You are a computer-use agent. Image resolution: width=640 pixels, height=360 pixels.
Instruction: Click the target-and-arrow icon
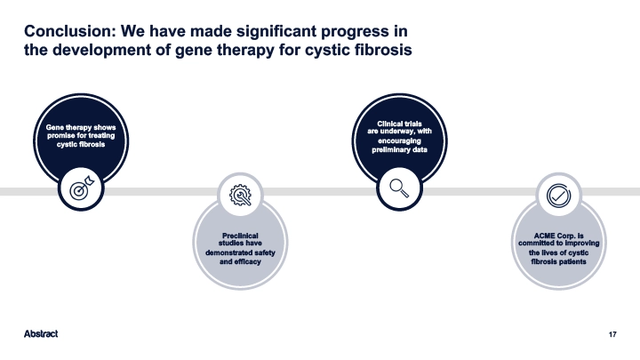[82, 188]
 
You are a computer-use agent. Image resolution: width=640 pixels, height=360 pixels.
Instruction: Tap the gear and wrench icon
[240, 195]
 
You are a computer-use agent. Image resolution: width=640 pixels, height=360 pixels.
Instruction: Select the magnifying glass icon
[399, 188]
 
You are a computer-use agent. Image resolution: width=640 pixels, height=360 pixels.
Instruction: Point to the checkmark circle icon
[558, 196]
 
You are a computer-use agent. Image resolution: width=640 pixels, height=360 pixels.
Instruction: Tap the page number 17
[612, 334]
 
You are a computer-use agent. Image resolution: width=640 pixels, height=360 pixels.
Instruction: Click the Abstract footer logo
[41, 334]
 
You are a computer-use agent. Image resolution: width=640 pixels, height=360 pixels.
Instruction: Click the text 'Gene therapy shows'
[81, 127]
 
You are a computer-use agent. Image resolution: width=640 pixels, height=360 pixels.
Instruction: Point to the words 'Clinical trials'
[399, 124]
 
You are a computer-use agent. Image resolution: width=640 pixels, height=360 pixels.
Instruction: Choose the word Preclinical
[240, 236]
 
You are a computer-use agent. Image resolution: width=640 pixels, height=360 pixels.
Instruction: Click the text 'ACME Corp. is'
[558, 236]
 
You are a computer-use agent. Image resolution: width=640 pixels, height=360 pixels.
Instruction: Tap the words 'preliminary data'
[399, 150]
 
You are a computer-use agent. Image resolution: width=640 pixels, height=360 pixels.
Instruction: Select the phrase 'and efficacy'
[240, 261]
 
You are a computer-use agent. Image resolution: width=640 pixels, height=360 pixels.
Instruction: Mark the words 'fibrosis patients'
[558, 261]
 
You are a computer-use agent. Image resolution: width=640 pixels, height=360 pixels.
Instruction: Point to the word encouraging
[399, 140]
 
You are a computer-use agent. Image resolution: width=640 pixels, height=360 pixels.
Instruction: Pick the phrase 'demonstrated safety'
[240, 252]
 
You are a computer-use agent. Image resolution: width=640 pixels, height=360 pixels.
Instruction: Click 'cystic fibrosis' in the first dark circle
[81, 145]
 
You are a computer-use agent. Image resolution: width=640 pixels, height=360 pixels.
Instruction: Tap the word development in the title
[112, 51]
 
